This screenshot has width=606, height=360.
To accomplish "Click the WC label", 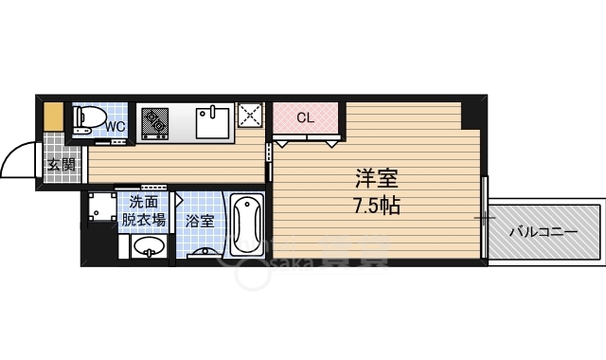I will [x=115, y=126].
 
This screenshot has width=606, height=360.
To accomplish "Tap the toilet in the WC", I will [x=88, y=119].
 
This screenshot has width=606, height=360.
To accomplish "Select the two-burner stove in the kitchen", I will [x=154, y=122].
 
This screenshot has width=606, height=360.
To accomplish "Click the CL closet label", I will [x=305, y=118].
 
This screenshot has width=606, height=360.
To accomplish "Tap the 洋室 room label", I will [x=377, y=179].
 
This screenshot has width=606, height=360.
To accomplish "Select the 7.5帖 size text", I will [x=377, y=205].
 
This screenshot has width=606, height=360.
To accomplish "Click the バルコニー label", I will [x=543, y=230].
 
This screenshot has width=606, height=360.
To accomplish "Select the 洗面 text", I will [x=144, y=201].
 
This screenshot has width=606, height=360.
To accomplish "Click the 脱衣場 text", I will [x=144, y=220].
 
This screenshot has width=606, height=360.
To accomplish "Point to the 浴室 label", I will [x=199, y=221].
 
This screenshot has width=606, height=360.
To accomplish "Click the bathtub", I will [x=244, y=225].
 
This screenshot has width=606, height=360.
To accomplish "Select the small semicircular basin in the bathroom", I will [x=202, y=254].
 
